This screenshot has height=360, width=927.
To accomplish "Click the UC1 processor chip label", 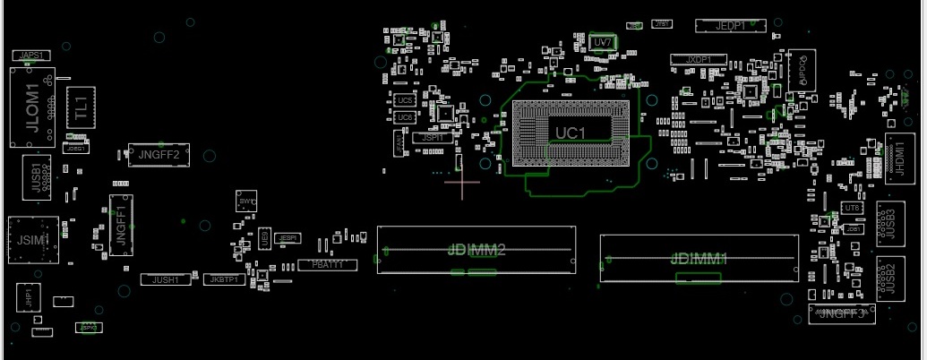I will tap(570, 133).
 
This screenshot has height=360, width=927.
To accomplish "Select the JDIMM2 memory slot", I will tap(476, 250).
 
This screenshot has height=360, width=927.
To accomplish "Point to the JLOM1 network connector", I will tap(31, 109).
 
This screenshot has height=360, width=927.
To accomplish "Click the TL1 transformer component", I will tap(81, 107).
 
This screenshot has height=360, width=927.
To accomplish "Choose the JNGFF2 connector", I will tap(159, 155).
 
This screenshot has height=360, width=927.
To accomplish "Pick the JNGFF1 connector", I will tap(120, 219).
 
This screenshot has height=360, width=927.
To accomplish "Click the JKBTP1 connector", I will tap(223, 280).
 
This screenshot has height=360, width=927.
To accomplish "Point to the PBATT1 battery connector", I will tap(327, 265).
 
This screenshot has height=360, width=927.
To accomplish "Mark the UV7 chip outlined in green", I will tap(603, 42).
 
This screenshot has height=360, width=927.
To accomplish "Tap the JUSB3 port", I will tap(887, 222).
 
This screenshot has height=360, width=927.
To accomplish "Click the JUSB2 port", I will tap(887, 279).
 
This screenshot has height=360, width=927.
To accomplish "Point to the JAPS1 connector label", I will tap(31, 56).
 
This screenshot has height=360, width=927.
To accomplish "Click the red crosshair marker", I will tap(462, 182).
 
